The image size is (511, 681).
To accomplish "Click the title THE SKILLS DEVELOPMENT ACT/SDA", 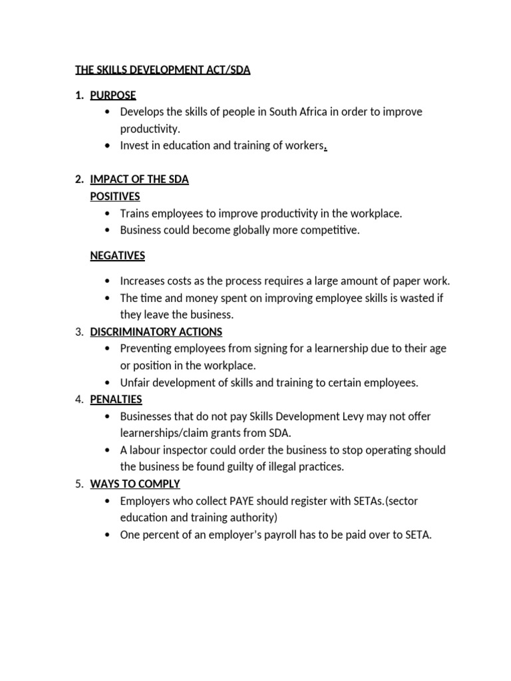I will pos(163,70).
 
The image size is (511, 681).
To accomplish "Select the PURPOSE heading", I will pos(113,95).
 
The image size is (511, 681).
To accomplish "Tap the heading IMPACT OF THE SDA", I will pos(139,180).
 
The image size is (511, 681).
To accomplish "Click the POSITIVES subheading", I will pos(115,196).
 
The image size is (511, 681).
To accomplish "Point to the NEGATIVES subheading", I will pos(117,255).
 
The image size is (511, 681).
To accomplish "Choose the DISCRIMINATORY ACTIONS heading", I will pos(156,332).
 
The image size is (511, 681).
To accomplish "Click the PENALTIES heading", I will pos(116,400).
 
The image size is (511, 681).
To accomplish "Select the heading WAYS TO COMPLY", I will pos(135,484).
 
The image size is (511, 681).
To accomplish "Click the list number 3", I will pos(79,332).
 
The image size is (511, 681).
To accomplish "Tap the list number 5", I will pos(79,484).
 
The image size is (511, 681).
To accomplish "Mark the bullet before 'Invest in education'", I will pos(108,145).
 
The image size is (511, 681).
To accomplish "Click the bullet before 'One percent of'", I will pos(108,535).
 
